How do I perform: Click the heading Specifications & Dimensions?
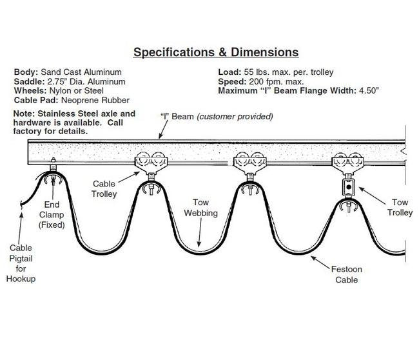pyautogui.click(x=215, y=52)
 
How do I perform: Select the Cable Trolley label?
pyautogui.click(x=104, y=188)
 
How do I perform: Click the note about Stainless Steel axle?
pyautogui.click(x=75, y=122)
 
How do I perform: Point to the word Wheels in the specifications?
pyautogui.click(x=29, y=91)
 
